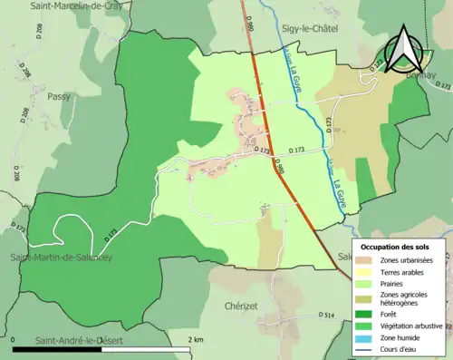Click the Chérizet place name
point(244,306)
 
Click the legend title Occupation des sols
point(395,247)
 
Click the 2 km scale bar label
point(195,339)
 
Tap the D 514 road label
point(327,315)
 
